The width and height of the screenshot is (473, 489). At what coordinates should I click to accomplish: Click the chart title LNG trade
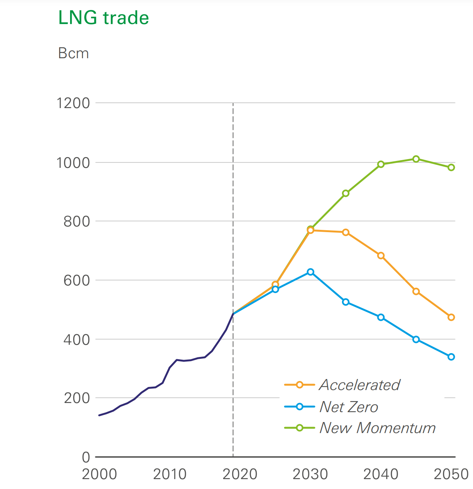point(103,18)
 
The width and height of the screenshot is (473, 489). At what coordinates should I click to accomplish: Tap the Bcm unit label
point(74,53)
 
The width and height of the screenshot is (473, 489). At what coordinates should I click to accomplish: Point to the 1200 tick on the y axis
point(73,103)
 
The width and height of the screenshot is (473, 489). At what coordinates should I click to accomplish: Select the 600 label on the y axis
point(77,280)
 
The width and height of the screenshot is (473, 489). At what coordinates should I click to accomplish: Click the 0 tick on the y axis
point(86,457)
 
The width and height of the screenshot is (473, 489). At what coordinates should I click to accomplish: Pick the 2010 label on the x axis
point(170,474)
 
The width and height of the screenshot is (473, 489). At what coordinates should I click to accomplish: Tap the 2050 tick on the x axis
point(451,474)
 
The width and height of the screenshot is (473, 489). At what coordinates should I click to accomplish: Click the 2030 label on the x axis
point(310,474)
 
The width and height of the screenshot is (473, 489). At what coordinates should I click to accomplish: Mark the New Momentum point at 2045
point(416,159)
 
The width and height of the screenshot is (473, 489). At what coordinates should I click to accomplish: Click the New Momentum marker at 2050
point(451,167)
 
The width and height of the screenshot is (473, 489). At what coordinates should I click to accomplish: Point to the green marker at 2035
point(346,193)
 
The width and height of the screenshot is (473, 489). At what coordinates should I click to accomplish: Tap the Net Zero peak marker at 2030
point(310,272)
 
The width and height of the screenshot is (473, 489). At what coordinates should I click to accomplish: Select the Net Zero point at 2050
point(451,357)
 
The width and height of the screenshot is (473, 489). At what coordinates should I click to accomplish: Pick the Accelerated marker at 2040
point(381,256)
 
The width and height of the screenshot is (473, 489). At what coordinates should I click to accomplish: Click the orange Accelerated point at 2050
point(451,317)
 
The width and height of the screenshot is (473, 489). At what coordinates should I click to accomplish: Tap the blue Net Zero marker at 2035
point(346,302)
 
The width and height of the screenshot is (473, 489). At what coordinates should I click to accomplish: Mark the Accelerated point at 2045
point(416,291)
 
